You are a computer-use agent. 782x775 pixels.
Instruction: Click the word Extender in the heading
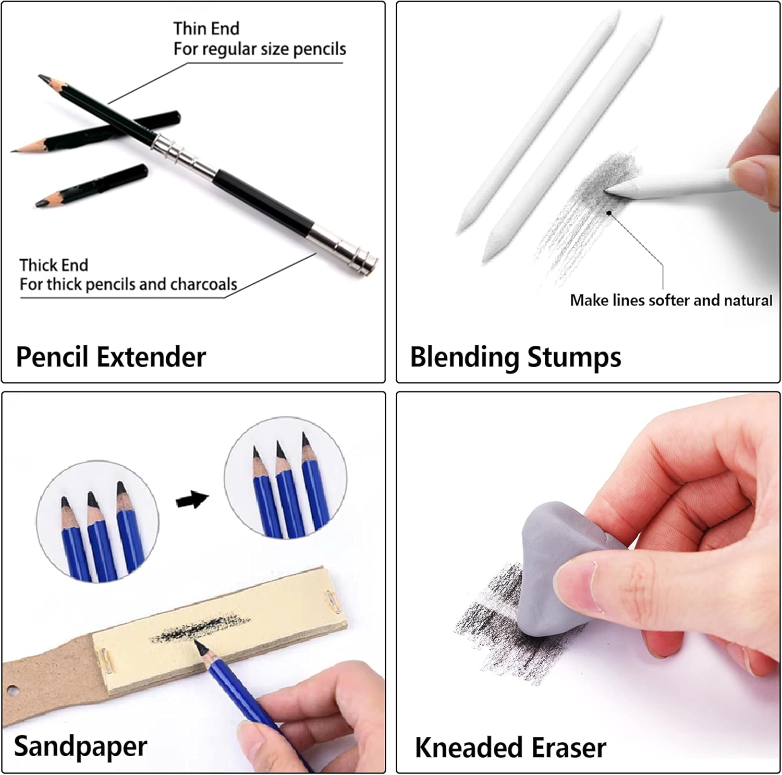pyautogui.click(x=151, y=357)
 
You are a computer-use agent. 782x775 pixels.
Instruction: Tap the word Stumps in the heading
pyautogui.click(x=574, y=357)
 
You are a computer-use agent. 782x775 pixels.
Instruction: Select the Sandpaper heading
pyautogui.click(x=80, y=746)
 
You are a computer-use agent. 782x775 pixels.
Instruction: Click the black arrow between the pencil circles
pyautogui.click(x=192, y=500)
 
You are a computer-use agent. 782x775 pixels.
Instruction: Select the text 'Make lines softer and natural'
pyautogui.click(x=670, y=300)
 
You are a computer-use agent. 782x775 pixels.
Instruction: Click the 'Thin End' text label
pyautogui.click(x=206, y=28)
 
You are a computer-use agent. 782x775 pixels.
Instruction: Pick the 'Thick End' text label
pyautogui.click(x=54, y=265)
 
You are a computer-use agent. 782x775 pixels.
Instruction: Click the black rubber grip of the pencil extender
pyautogui.click(x=263, y=200)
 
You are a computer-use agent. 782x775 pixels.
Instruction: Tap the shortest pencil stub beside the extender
pyautogui.click(x=91, y=186)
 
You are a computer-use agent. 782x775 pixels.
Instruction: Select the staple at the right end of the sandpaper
pyautogui.click(x=333, y=602)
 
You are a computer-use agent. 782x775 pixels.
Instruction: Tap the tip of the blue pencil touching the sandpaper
pyautogui.click(x=198, y=645)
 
